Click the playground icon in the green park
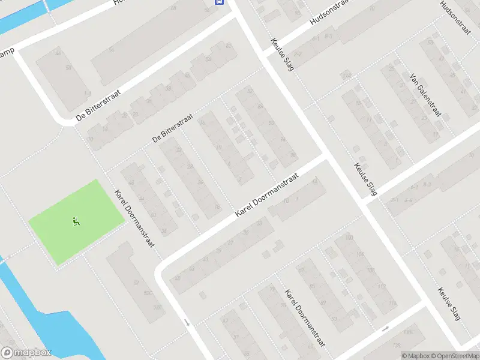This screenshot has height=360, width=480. click(76, 221)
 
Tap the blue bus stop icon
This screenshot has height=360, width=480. click(220, 2)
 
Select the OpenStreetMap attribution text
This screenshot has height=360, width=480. click(454, 356)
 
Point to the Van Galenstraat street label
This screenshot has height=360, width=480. click(425, 95)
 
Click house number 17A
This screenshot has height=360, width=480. click(346, 76)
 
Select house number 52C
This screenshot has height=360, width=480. click(148, 293)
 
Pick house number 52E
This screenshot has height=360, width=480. click(157, 307)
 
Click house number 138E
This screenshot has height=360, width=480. click(408, 332)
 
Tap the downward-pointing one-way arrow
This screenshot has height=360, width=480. click(187, 323)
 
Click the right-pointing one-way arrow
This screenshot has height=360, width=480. click(385, 328)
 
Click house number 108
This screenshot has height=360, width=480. click(370, 271)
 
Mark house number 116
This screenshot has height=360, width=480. click(392, 303)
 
